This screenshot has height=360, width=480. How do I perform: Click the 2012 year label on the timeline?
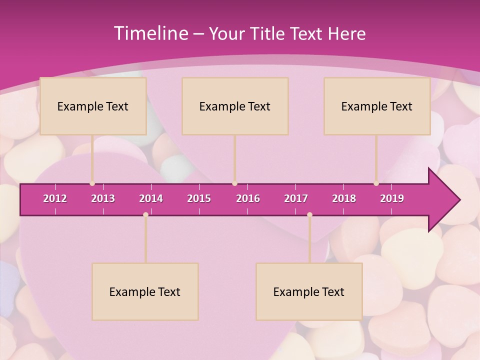tap(55, 198)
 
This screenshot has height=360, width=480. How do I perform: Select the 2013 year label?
tap(103, 198)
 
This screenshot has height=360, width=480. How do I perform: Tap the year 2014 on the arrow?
tap(151, 198)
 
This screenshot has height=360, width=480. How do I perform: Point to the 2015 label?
tap(199, 198)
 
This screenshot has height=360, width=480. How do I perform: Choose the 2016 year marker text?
tap(248, 198)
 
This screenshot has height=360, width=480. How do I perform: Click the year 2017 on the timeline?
tap(296, 198)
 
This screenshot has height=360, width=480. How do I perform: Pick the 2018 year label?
tap(344, 198)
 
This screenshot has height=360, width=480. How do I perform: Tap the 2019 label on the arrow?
tap(392, 198)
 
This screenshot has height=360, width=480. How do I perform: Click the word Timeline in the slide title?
tap(150, 33)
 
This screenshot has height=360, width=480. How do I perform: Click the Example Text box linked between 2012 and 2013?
tap(93, 106)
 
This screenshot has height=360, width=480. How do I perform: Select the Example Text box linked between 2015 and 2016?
tap(235, 106)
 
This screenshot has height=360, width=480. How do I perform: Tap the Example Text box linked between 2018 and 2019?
tap(377, 106)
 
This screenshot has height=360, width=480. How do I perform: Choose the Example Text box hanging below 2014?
tap(145, 291)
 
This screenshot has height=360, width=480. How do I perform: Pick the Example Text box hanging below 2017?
tap(309, 291)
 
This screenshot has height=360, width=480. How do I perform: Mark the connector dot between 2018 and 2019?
tap(376, 183)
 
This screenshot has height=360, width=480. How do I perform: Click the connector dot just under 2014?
tap(145, 214)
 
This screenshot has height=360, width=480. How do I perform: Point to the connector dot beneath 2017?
tap(309, 214)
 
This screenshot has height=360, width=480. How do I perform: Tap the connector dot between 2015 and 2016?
tap(234, 183)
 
